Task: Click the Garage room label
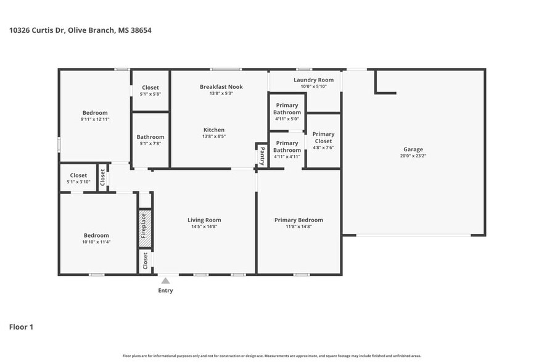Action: (x=413, y=149)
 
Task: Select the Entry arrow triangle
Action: (x=165, y=281)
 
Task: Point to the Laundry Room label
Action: (x=313, y=80)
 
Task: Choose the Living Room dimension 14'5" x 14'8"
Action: (x=204, y=227)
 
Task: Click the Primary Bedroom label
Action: (x=299, y=220)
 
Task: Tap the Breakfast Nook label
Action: (x=221, y=87)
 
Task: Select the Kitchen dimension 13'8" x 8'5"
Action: (x=214, y=136)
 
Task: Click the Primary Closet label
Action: (x=323, y=138)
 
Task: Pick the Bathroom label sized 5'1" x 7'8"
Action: (x=150, y=137)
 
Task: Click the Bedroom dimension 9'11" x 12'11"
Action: (x=95, y=119)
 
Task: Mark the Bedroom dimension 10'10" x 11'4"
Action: (x=96, y=242)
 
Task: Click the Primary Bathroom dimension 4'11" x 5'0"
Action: (x=287, y=119)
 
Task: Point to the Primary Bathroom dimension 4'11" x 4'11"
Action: (x=287, y=157)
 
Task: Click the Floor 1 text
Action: (x=21, y=327)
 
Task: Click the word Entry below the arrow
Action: (x=165, y=291)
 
